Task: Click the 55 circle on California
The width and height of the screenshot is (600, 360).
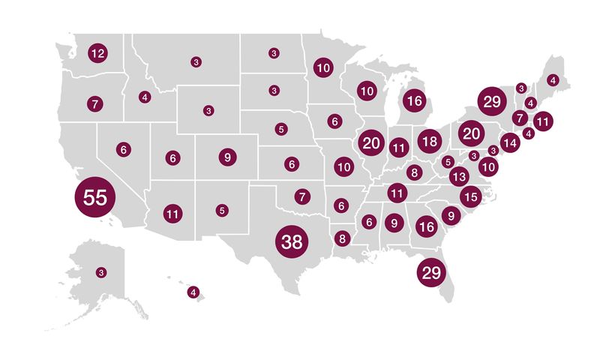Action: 95,198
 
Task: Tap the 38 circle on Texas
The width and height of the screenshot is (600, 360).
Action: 292,241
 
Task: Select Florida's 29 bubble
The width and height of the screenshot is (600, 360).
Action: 431,273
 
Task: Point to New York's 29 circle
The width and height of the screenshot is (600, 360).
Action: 492,102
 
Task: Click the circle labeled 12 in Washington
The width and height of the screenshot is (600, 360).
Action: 97,53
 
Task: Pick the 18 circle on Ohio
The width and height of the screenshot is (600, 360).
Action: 429,141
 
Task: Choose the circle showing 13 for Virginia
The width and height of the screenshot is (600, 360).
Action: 460,178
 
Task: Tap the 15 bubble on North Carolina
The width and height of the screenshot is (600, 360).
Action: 470,197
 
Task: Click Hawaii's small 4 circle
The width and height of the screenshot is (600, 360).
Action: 193,292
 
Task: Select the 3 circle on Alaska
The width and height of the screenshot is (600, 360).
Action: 101,272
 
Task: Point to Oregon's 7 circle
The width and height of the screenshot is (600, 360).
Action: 94,103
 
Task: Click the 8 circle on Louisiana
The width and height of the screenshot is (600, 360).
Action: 343,239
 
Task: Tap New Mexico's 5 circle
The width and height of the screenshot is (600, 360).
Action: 222,211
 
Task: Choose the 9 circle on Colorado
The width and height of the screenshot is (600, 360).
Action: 226,157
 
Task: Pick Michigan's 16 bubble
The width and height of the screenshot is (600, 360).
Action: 414,100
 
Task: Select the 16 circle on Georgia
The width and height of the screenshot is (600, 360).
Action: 426,226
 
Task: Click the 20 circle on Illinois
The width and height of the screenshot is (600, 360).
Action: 371,142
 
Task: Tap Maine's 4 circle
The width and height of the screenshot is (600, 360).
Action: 553,79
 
